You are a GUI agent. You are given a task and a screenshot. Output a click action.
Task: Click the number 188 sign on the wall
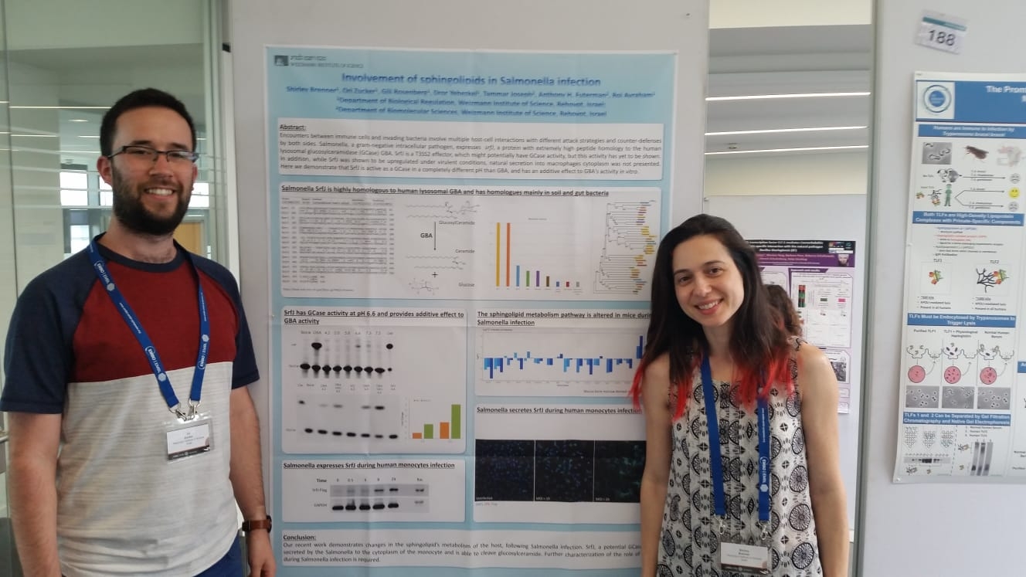(x=941, y=33)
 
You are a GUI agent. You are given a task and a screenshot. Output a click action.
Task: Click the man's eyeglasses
(x=153, y=156)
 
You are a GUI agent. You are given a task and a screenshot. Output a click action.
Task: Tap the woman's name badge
(x=744, y=555)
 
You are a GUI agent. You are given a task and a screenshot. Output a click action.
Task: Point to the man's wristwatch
(x=256, y=524)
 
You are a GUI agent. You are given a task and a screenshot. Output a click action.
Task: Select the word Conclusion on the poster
(x=311, y=537)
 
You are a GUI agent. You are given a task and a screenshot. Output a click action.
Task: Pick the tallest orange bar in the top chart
(x=508, y=254)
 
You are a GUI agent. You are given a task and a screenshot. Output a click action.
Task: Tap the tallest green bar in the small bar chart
(x=456, y=421)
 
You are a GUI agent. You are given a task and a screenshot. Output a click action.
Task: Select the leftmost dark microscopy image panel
(x=504, y=470)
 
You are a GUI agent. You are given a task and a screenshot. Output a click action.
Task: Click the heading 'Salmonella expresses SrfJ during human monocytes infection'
(x=373, y=466)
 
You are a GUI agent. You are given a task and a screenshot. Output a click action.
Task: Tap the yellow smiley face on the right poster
(x=1014, y=192)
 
